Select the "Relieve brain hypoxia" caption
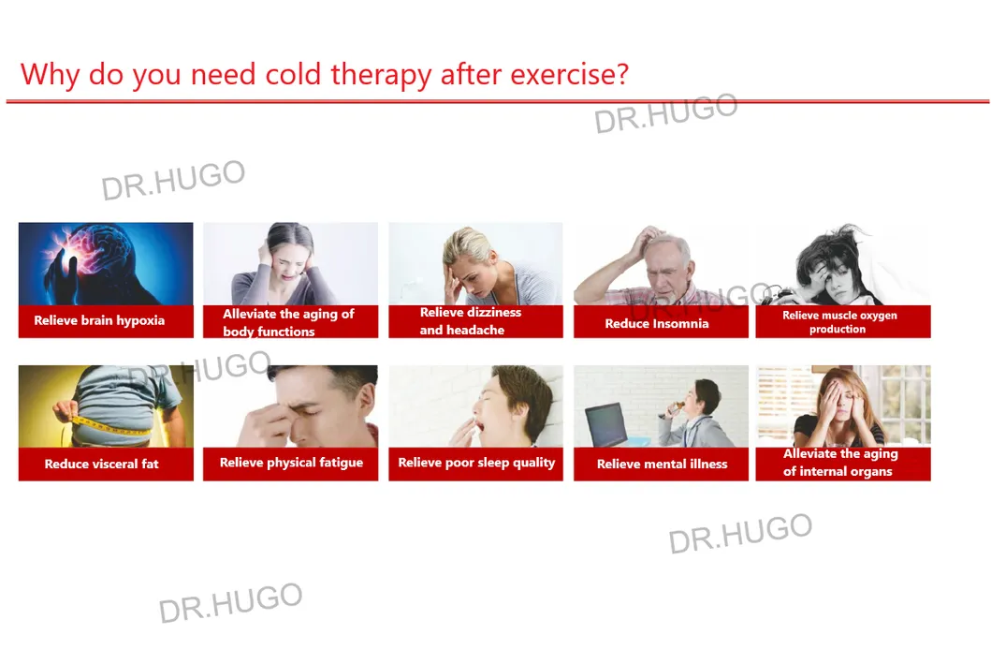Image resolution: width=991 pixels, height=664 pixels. [99, 320]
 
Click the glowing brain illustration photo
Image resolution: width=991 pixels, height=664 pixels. [106, 264]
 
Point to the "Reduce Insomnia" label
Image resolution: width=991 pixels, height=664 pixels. [657, 324]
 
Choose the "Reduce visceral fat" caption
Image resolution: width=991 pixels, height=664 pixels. [101, 465]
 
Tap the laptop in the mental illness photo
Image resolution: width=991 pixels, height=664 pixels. [605, 424]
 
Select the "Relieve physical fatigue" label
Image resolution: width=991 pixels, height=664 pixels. [291, 463]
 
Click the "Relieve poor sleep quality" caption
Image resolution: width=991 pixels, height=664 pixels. [476, 463]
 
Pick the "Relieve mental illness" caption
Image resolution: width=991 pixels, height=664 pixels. [662, 465]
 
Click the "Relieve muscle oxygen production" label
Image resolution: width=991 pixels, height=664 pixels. [839, 322]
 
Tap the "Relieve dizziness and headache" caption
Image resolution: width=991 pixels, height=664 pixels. [470, 321]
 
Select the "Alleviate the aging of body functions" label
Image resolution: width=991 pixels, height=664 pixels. [288, 322]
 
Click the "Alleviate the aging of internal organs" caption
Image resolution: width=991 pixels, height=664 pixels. [840, 463]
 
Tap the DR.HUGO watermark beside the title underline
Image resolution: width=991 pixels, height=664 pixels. [666, 113]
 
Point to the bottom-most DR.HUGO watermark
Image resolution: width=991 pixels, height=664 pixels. [230, 603]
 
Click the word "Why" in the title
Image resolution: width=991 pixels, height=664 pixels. [50, 75]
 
